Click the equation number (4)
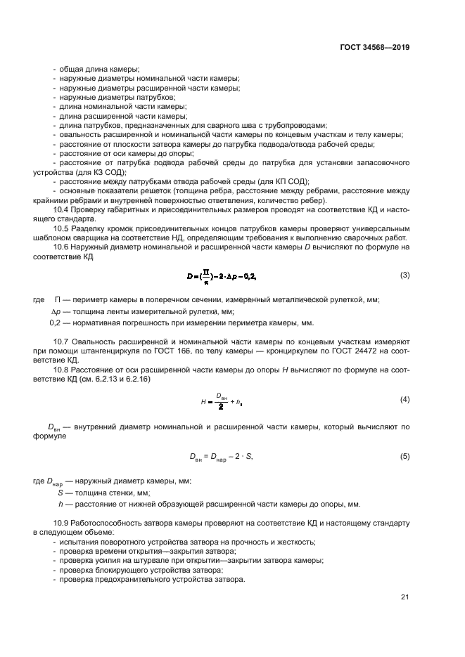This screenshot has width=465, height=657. coord(405,400)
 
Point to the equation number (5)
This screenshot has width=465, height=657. coord(405,457)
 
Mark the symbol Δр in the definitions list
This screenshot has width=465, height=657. coord(57,311)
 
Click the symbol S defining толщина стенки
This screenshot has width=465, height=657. coord(60,493)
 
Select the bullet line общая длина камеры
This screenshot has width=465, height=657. coord(99,69)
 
